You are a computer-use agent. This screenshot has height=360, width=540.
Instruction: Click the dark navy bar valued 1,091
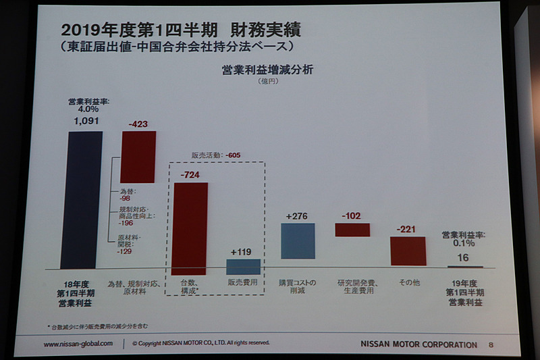click(x=81, y=199)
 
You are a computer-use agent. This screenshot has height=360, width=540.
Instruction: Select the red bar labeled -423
click(x=138, y=157)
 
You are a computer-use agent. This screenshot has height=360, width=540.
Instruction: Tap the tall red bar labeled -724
click(x=190, y=228)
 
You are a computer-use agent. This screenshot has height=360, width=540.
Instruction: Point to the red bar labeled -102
click(x=352, y=230)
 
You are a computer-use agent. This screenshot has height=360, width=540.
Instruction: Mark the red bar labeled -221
click(x=408, y=251)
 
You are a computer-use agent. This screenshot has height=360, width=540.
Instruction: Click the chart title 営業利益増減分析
click(x=267, y=70)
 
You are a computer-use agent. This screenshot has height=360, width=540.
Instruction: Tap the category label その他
click(x=408, y=282)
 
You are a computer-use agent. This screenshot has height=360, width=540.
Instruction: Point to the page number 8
click(x=491, y=344)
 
